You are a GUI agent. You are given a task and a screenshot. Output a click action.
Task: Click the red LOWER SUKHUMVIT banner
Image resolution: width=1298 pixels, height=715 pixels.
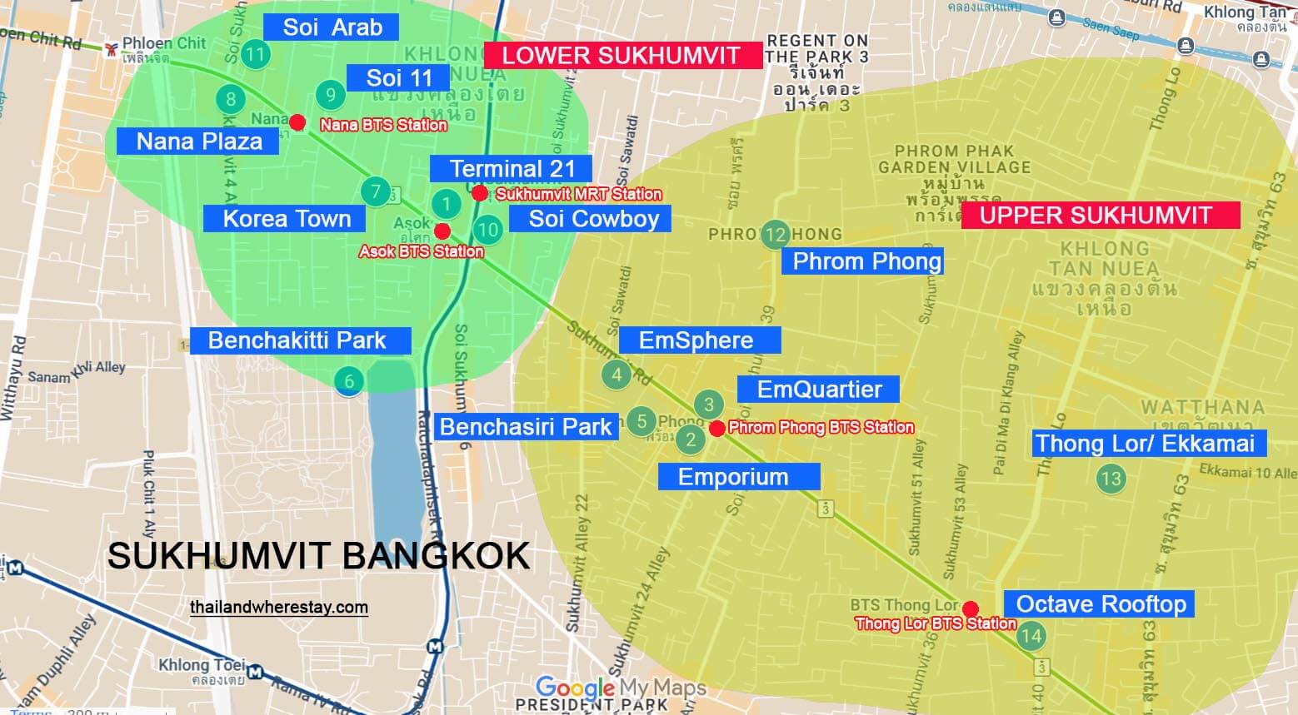click(x=622, y=56)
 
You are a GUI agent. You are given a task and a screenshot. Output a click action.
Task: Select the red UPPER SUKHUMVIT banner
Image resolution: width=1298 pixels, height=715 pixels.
click(x=1100, y=216)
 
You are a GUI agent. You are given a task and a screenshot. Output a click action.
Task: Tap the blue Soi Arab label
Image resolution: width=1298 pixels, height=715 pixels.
click(x=332, y=27)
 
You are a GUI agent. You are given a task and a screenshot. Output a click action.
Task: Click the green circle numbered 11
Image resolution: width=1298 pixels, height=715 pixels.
click(x=255, y=56)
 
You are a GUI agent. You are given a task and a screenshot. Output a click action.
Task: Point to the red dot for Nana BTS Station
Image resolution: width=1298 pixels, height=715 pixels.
click(x=297, y=122)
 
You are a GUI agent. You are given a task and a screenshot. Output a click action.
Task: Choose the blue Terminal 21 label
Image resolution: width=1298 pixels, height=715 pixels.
click(x=511, y=169)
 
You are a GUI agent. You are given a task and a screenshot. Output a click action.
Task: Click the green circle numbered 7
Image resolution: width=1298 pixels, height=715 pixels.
click(x=376, y=192)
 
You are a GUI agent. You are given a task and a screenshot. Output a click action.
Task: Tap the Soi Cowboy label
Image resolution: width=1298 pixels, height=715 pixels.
click(x=593, y=219)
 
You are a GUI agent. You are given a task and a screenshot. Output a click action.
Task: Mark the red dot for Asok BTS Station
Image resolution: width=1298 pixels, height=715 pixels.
click(x=442, y=231)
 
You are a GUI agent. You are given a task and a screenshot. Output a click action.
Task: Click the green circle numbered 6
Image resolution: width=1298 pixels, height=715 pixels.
click(x=349, y=382)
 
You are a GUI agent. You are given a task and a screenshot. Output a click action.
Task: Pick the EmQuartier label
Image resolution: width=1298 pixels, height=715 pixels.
click(x=818, y=389)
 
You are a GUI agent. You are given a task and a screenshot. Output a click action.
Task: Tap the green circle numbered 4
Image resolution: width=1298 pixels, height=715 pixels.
click(x=617, y=375)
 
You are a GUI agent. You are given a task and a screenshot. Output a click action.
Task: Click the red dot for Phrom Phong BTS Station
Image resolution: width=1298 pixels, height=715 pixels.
click(x=716, y=429)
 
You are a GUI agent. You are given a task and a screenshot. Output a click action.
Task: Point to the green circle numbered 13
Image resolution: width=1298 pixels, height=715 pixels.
click(x=1111, y=478)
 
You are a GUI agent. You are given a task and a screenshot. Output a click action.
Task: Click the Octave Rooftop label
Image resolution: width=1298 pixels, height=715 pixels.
click(x=1100, y=604)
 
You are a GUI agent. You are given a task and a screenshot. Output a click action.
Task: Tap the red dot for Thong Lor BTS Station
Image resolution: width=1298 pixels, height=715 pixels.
click(x=971, y=608)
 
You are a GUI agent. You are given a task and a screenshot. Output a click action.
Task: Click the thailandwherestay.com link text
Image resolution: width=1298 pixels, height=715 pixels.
click(x=279, y=607)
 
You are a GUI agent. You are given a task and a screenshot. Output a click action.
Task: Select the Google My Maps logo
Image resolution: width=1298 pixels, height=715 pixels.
click(x=621, y=688)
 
